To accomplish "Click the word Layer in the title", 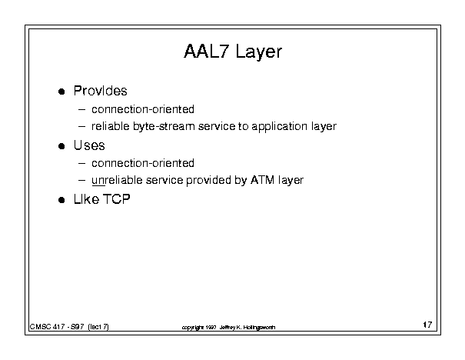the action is pyautogui.click(x=259, y=52).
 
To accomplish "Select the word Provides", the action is pyautogui.click(x=100, y=91).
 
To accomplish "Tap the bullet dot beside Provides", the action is pyautogui.click(x=61, y=92).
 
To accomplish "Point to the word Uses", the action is pyautogui.click(x=89, y=145).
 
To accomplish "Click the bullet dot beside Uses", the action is pyautogui.click(x=61, y=146).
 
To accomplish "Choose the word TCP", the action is pyautogui.click(x=117, y=199).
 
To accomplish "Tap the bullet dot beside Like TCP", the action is pyautogui.click(x=61, y=200).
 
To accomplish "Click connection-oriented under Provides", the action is pyautogui.click(x=143, y=109).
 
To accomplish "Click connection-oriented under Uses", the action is pyautogui.click(x=143, y=163).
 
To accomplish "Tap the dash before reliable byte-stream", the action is pyautogui.click(x=81, y=127).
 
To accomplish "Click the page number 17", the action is pyautogui.click(x=427, y=325).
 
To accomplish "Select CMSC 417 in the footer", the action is pyautogui.click(x=47, y=327).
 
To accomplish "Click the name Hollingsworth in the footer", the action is pyautogui.click(x=259, y=328).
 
